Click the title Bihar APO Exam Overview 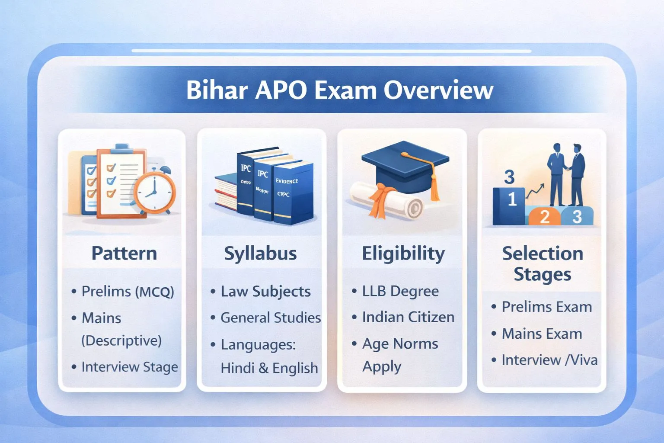[x=339, y=90]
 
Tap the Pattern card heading [x=124, y=253]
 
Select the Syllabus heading [x=260, y=254]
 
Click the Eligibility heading [x=403, y=254]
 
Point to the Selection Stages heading [x=542, y=263]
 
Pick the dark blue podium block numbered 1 [x=509, y=205]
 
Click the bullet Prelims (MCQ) [x=128, y=292]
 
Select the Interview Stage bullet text [x=130, y=367]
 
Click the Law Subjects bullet [x=265, y=292]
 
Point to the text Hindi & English [x=269, y=368]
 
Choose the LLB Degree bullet [x=400, y=292]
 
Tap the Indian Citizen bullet [x=408, y=317]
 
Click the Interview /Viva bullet [x=549, y=360]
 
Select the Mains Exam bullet [x=542, y=334]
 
